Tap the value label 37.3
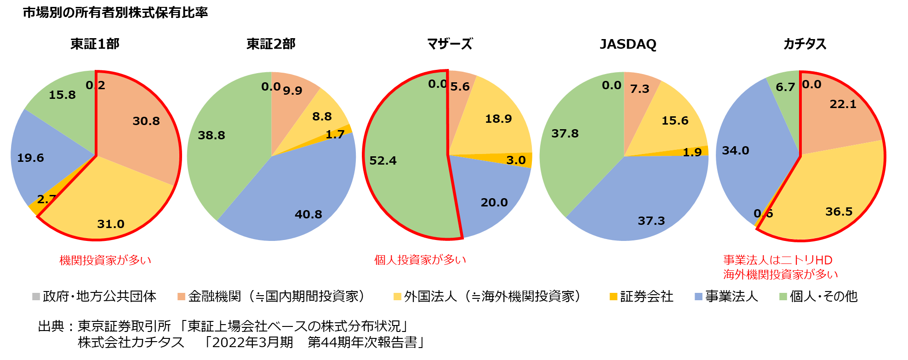651,221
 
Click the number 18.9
498,119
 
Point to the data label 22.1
843,104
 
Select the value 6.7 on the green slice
785,87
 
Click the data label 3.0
516,160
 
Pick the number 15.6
675,121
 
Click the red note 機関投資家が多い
105,260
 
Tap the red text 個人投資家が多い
420,260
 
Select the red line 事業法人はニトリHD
777,260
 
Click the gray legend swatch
36,297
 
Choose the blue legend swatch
698,297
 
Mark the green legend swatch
783,297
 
